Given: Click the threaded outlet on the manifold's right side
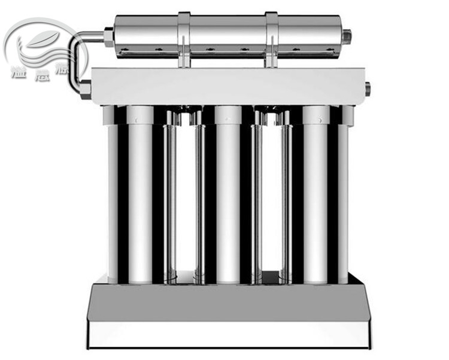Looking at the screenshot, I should click(x=367, y=89).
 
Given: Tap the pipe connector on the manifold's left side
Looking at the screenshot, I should click(x=85, y=90).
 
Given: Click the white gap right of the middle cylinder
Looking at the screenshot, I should click(x=271, y=197).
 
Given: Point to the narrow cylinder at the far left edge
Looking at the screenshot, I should click(x=113, y=197).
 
